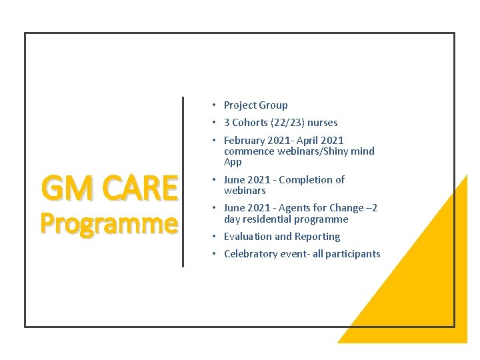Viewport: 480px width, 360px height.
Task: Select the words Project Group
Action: coord(255,105)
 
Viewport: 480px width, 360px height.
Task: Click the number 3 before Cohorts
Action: coord(227,123)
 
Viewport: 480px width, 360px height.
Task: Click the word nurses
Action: coord(323,123)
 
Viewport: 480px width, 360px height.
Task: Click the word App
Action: coord(233,162)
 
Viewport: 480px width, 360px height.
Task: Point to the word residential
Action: coord(270,219)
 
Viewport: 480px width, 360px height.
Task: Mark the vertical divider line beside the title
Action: coord(183,181)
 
